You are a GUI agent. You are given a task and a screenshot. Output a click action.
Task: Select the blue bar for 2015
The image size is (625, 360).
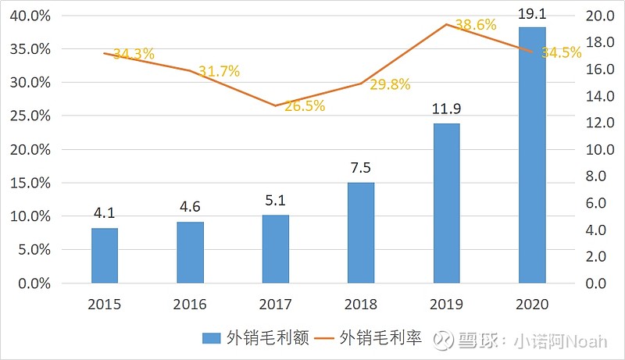coord(105,255)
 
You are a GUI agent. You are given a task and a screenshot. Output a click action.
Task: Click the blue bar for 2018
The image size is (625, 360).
coord(361,233)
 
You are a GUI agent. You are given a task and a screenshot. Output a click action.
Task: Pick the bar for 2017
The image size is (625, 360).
coord(276,248)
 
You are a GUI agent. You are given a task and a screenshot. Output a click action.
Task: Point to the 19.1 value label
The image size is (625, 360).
coord(532,12)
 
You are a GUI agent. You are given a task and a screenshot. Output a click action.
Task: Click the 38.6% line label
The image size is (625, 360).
coord(475,25)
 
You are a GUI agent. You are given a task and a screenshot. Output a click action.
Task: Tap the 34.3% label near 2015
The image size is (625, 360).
coord(134,55)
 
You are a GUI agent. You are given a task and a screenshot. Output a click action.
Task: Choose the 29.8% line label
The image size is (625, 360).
coord(389,85)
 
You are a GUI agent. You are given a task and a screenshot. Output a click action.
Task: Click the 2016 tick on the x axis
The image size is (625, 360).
coord(190,304)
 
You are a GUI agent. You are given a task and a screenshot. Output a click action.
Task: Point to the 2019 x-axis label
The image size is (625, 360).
coord(446,304)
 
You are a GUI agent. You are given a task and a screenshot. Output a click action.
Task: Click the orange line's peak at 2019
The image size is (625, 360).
coord(446,24)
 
